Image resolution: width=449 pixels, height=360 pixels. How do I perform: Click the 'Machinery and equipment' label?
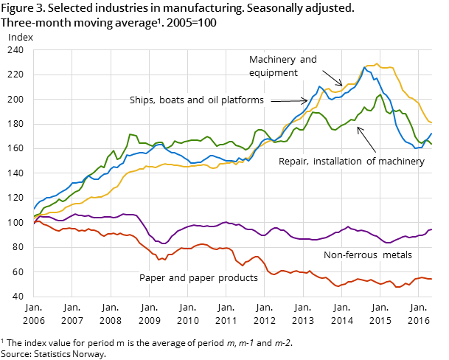283,66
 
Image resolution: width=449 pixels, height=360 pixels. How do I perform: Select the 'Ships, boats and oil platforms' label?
197,100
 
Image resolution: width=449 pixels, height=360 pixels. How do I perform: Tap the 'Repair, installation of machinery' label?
351,161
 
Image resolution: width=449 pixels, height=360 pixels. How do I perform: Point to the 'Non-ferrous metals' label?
367,255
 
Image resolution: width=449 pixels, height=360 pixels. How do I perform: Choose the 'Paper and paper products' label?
198,278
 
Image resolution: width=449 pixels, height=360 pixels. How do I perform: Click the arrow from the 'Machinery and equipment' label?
333,78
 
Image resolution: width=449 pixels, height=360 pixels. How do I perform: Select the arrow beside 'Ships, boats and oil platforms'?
289,100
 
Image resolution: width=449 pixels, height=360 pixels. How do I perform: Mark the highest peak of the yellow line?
377,64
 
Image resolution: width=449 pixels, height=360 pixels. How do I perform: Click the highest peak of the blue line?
365,67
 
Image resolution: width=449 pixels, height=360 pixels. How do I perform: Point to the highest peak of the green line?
380,94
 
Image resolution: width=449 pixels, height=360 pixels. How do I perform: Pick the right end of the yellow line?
431,123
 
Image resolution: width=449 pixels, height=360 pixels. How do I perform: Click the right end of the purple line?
431,229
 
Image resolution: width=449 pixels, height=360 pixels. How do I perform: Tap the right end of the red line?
431,279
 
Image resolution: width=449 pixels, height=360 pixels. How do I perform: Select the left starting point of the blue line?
34,210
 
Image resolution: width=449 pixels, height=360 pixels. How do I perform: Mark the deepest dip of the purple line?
164,243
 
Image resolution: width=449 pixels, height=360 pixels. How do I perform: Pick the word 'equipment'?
274,73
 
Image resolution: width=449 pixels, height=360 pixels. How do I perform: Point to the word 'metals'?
397,255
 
